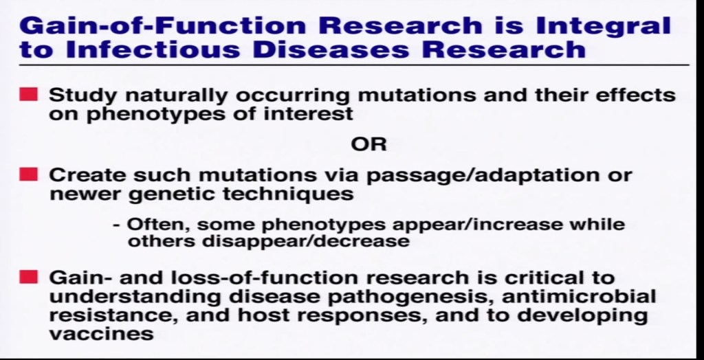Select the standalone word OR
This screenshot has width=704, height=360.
pyautogui.click(x=368, y=144)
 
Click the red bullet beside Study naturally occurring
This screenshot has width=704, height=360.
pyautogui.click(x=28, y=94)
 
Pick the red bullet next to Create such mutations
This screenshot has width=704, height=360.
pyautogui.click(x=28, y=175)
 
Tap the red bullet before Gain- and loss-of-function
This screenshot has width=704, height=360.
pyautogui.click(x=28, y=277)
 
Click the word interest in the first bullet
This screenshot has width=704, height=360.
pyautogui.click(x=309, y=113)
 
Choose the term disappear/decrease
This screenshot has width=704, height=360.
pyautogui.click(x=306, y=242)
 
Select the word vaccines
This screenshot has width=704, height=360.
pyautogui.click(x=101, y=334)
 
